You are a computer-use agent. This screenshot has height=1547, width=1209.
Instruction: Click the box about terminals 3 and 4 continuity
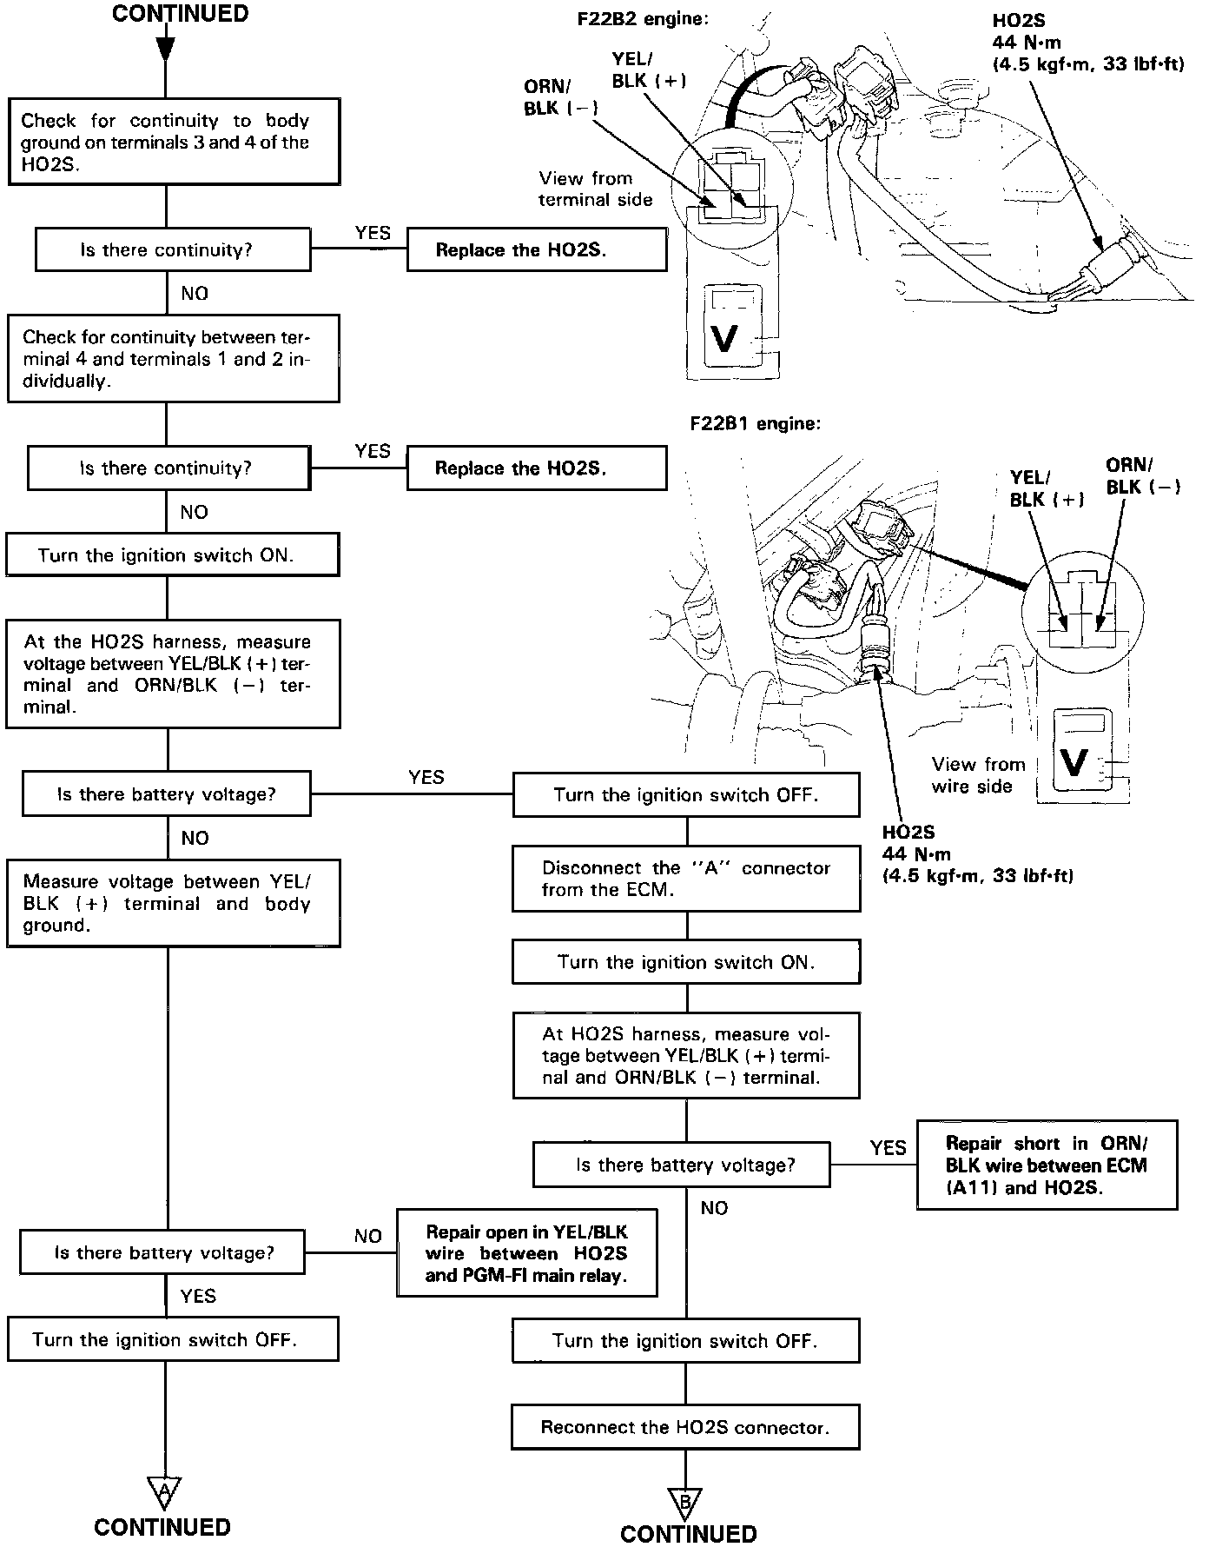coord(173,143)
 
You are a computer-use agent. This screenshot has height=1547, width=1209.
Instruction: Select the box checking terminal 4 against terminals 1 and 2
coord(173,359)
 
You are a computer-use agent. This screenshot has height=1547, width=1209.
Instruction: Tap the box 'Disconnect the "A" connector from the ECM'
coord(686,879)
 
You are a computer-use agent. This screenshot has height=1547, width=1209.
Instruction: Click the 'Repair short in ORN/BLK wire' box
coord(1046,1165)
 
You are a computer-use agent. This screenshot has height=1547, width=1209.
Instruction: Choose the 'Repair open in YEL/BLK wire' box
coord(526,1253)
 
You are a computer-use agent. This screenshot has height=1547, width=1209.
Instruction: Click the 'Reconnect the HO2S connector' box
coord(685,1427)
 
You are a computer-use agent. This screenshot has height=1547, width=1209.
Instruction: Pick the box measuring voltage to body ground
coord(173,903)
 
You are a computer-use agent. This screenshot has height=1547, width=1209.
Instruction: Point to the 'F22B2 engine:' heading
coord(643,18)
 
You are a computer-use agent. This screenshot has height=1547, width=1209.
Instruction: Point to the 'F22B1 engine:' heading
coord(755,424)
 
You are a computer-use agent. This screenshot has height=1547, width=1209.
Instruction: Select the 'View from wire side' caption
coord(977,775)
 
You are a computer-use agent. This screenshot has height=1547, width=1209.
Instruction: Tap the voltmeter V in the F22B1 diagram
coord(1074,762)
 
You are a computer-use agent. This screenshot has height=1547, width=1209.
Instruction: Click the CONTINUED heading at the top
coord(180,14)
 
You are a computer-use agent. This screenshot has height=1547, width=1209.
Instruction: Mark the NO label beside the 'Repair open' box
coord(368,1236)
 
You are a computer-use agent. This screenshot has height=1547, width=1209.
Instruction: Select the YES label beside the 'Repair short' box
coord(888,1148)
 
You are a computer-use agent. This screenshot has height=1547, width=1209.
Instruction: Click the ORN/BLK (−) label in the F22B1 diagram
coord(1142,476)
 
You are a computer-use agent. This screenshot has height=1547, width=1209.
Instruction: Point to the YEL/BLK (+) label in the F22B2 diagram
coord(649,70)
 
